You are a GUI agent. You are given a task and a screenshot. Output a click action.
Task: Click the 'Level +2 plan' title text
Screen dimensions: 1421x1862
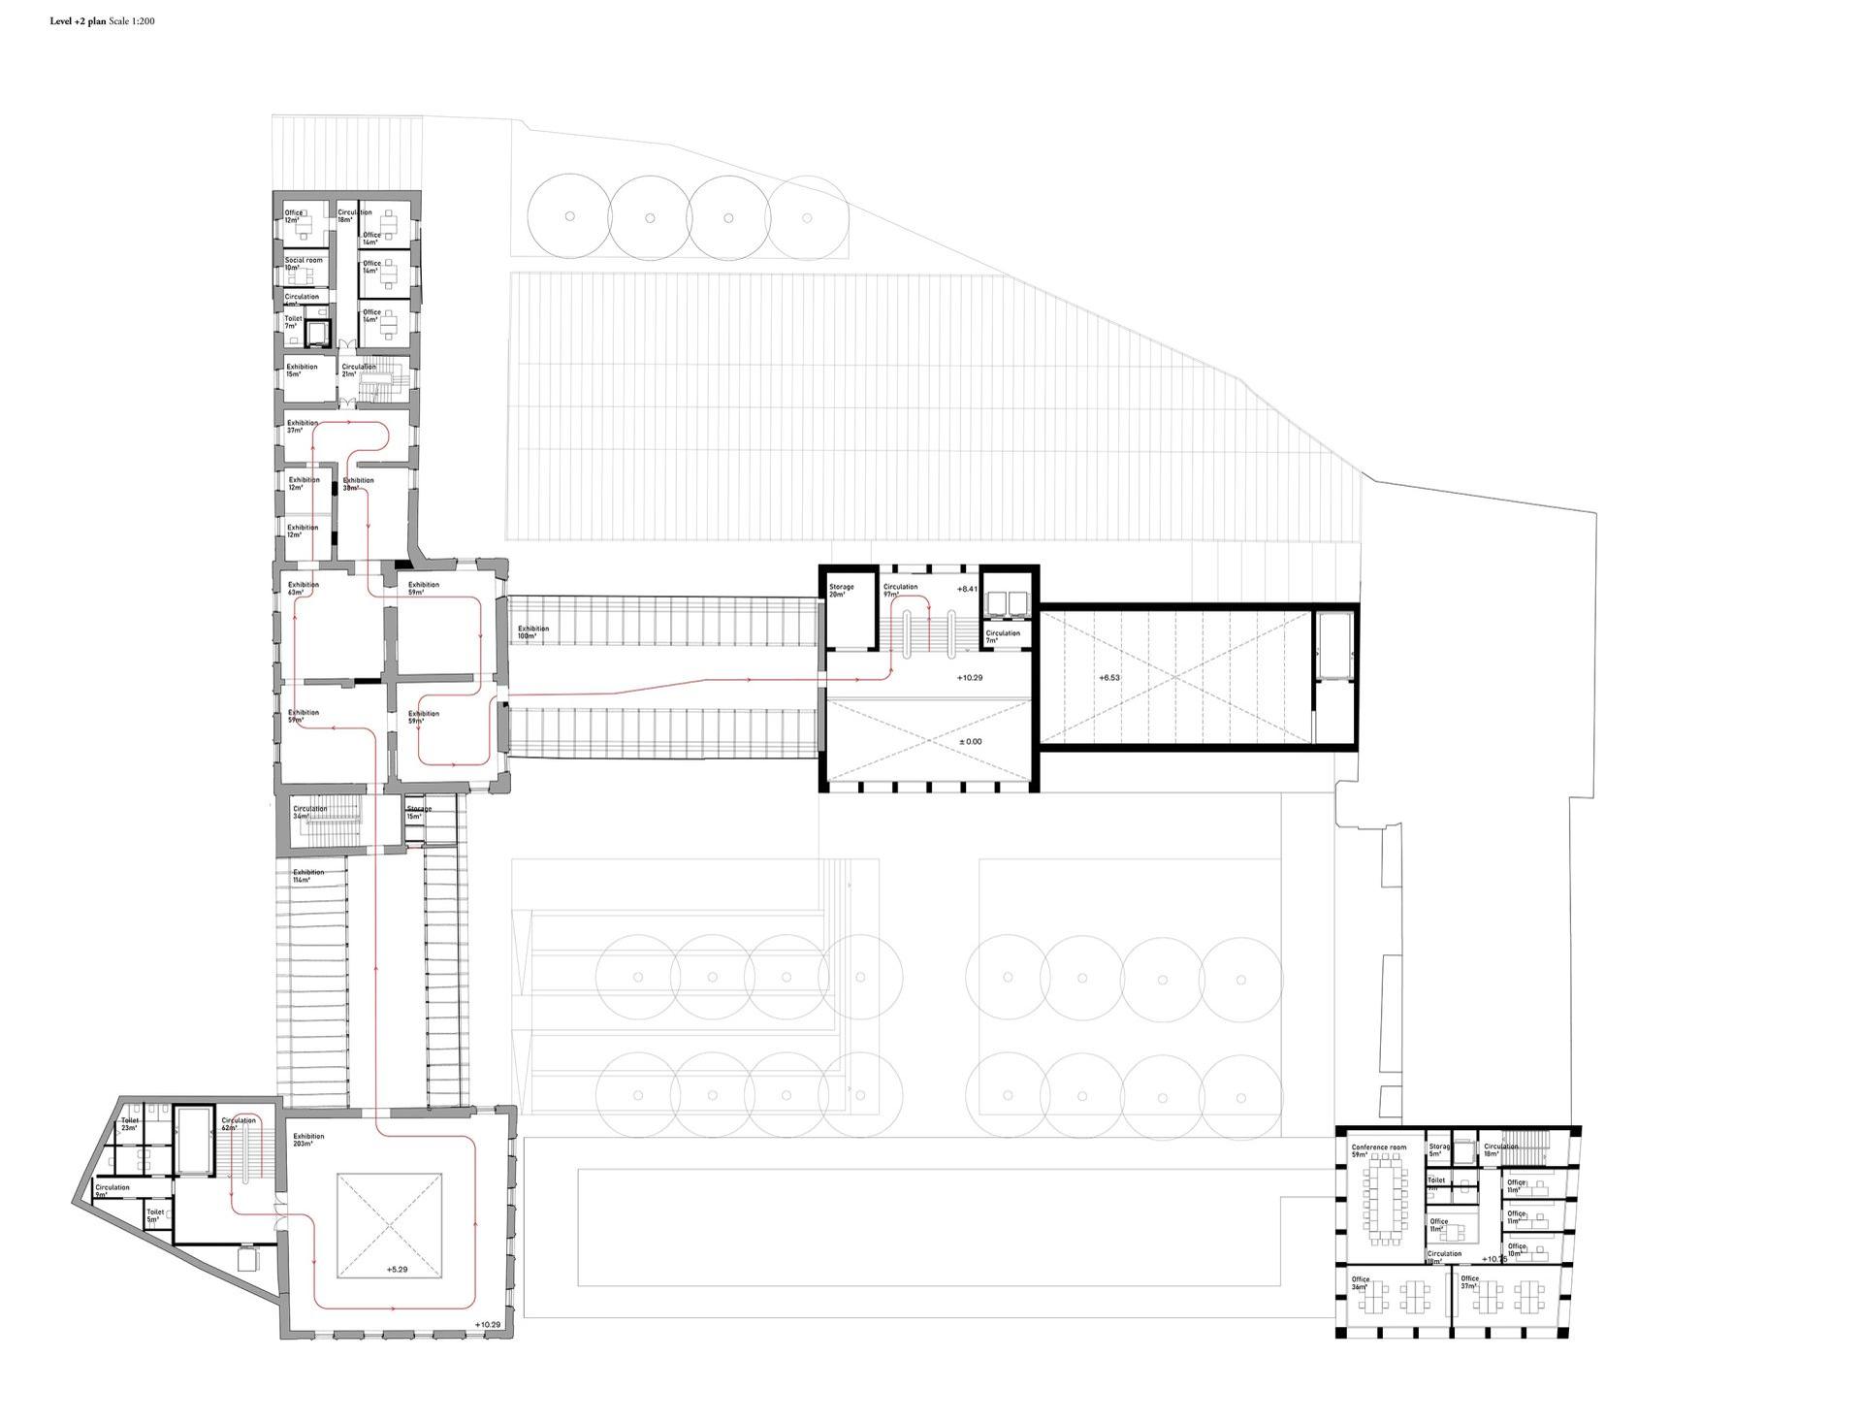click(79, 20)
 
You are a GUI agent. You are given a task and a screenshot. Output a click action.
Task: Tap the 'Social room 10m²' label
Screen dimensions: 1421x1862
click(303, 264)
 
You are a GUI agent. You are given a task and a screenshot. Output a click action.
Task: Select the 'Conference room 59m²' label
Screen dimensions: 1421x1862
click(1377, 1151)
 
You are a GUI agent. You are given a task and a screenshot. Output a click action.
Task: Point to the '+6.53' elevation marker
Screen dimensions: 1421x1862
click(1109, 677)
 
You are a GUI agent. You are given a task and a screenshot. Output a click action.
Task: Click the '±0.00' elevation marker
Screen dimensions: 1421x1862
click(970, 742)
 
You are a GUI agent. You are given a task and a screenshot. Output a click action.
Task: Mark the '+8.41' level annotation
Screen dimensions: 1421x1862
click(967, 589)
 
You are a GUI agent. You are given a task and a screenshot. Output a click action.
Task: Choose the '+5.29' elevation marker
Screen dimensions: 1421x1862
click(397, 1269)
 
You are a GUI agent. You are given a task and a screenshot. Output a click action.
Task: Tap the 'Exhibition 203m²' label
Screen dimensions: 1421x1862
click(308, 1140)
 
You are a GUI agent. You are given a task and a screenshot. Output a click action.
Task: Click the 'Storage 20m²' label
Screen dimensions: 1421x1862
click(841, 591)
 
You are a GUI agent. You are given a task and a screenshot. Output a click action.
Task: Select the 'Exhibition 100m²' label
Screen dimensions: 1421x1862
click(532, 632)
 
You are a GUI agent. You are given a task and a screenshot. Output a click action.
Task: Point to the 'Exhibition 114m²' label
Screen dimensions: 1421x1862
click(308, 876)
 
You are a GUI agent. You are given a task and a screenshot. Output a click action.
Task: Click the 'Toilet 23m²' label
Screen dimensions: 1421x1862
click(130, 1124)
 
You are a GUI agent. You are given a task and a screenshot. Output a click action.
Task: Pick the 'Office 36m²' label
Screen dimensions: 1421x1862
click(1361, 1283)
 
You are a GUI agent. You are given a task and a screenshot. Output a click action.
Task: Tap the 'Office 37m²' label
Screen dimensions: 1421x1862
click(1469, 1282)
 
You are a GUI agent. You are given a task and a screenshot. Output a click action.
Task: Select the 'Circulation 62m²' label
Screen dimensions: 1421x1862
click(238, 1124)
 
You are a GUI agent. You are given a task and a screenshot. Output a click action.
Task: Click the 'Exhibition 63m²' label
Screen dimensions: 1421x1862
click(303, 589)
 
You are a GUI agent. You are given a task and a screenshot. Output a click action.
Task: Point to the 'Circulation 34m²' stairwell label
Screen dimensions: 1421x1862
click(310, 813)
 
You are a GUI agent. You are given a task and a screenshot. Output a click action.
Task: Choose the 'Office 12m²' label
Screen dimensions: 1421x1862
click(293, 216)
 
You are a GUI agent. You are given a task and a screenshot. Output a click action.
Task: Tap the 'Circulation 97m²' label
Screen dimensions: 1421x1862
click(899, 591)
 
